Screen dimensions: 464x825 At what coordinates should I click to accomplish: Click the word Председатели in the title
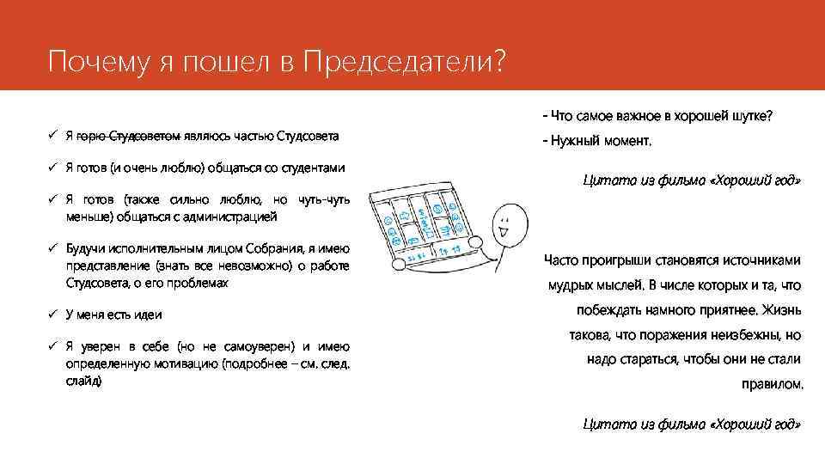click(x=400, y=62)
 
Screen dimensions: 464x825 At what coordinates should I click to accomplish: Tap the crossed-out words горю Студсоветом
click(x=129, y=136)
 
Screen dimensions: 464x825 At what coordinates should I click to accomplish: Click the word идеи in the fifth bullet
click(x=150, y=314)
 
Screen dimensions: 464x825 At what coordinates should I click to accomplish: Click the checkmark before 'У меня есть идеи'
click(x=52, y=314)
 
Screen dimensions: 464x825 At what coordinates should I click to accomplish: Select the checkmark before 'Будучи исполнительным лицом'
click(x=52, y=247)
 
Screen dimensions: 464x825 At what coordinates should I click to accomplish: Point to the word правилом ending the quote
click(x=772, y=384)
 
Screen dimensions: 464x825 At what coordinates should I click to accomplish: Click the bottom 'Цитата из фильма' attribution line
click(x=692, y=424)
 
